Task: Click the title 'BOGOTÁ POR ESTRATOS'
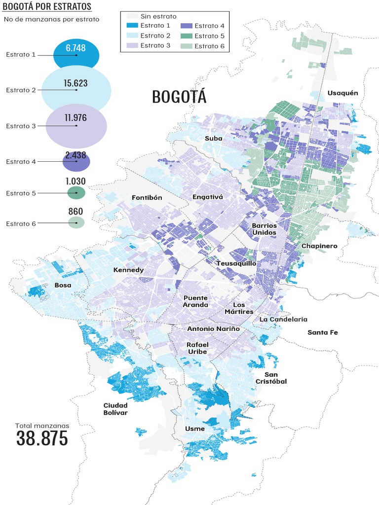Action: click(x=47, y=6)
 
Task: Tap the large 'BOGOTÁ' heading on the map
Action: click(x=179, y=97)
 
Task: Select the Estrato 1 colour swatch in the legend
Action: click(x=131, y=26)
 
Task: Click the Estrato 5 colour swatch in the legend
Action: click(x=186, y=36)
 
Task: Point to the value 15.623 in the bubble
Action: click(x=76, y=83)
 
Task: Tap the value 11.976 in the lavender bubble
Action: click(x=76, y=118)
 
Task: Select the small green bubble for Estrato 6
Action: click(x=76, y=223)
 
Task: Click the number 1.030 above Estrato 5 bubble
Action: click(x=76, y=181)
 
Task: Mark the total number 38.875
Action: click(x=42, y=438)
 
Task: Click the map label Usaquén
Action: click(x=342, y=93)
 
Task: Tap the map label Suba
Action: click(x=214, y=139)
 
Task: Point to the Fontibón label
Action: click(x=147, y=197)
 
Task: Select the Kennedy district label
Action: click(x=128, y=270)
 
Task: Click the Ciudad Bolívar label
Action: click(x=115, y=409)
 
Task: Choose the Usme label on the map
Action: click(x=194, y=429)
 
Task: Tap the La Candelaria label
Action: click(x=283, y=319)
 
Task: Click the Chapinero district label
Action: click(x=319, y=246)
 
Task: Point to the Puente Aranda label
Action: click(x=195, y=301)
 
